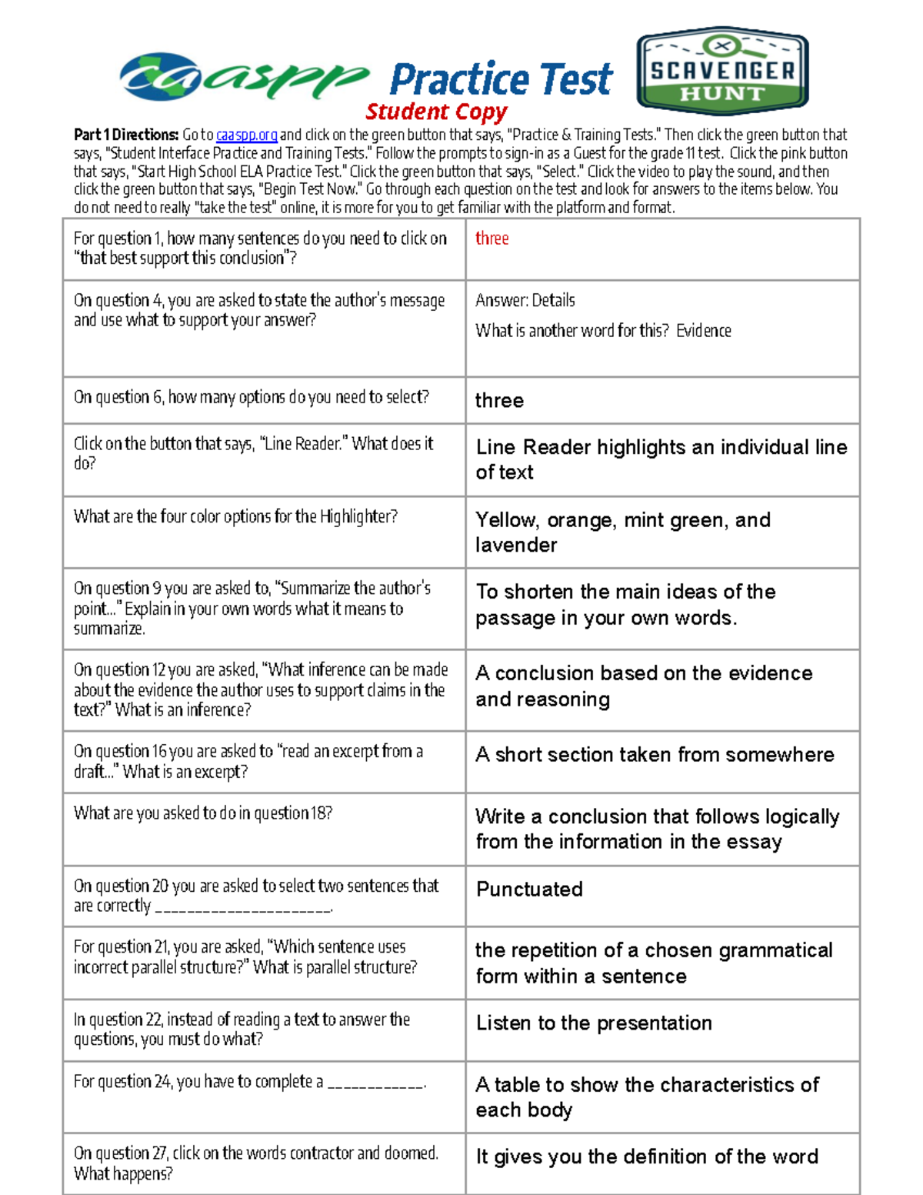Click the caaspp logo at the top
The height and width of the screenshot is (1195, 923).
click(242, 77)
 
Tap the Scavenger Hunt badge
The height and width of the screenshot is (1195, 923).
click(721, 71)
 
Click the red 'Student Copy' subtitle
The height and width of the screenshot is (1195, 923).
click(436, 112)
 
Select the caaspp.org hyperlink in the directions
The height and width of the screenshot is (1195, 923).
click(246, 135)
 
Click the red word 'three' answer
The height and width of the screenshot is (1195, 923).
click(491, 239)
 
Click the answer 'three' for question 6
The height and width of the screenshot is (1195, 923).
click(499, 400)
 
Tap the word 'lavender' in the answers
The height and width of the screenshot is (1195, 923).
click(516, 546)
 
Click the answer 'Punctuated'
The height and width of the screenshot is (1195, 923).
click(529, 890)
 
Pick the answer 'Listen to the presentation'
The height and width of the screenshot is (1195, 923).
click(594, 1023)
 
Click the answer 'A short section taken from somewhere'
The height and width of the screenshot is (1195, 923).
click(655, 755)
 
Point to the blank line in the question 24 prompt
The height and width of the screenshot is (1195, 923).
click(376, 1083)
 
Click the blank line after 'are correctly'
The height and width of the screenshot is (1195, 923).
click(243, 908)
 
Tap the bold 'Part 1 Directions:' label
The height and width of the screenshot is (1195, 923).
click(126, 135)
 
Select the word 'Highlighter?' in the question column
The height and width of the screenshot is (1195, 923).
click(358, 516)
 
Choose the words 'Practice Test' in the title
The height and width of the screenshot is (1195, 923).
click(501, 79)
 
